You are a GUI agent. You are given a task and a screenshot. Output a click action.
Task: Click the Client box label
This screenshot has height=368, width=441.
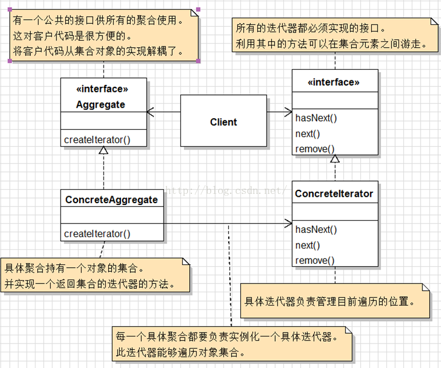[x=223, y=122]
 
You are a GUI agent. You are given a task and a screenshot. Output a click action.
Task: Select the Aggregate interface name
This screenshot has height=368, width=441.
[x=101, y=105]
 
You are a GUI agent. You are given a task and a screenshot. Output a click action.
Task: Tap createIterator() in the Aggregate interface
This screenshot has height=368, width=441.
[x=97, y=139]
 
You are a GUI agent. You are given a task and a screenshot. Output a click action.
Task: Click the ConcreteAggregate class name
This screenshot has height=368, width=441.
[x=112, y=200]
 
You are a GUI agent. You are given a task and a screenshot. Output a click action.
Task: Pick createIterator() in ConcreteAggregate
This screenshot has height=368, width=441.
[x=97, y=233]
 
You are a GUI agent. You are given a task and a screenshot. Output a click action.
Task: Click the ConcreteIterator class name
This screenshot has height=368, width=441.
[x=334, y=193]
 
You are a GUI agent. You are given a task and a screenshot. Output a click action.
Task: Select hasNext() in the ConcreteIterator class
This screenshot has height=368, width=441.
[x=316, y=229]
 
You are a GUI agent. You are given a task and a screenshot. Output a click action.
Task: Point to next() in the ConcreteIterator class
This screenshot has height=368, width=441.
[x=308, y=245]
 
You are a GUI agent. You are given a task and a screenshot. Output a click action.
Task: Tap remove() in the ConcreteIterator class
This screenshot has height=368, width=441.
[x=315, y=260]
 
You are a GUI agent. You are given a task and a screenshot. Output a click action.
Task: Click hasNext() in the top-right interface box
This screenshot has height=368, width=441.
[x=316, y=118]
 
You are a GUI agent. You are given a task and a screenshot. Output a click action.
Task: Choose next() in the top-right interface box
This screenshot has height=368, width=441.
[x=308, y=133]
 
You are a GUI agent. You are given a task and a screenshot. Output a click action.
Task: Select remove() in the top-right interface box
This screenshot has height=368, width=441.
[x=315, y=149]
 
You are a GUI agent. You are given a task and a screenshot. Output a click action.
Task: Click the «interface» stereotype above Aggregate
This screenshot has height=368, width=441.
[x=102, y=89]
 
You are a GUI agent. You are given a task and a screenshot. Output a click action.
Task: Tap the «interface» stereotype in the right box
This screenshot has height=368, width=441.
[x=333, y=82]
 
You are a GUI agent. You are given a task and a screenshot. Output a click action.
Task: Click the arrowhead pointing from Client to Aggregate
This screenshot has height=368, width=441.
[x=150, y=112]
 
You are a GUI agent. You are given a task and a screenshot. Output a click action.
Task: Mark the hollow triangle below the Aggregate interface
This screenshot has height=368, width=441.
[x=104, y=150]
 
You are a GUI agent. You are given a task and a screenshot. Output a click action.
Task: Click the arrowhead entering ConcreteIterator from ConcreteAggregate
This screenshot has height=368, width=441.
[x=289, y=224]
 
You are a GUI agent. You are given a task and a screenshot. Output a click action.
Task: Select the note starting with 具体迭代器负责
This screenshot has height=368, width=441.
[x=336, y=302]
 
